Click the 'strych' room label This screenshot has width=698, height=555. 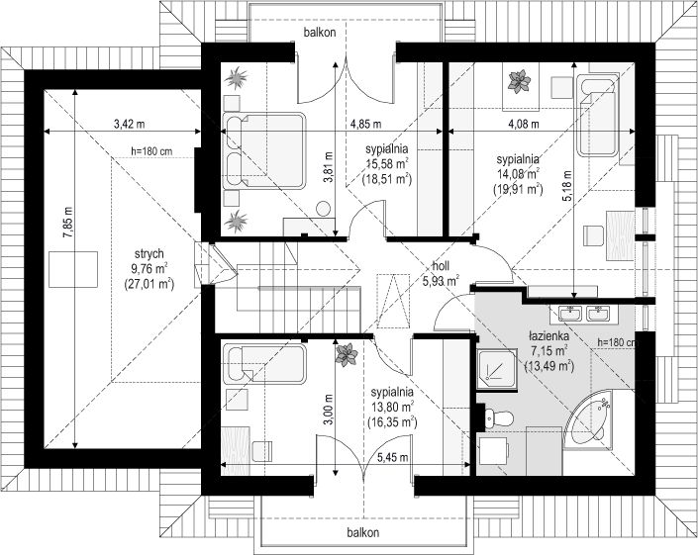pos(150,254)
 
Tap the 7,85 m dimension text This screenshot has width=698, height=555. pos(67,223)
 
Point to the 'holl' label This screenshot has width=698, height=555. pos(441,266)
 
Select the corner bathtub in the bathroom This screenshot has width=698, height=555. pos(590,417)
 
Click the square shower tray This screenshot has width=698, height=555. pos(496,370)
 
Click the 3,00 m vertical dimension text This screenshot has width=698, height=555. pos(328,410)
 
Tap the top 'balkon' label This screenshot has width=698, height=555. pos(320,32)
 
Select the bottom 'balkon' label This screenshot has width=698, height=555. pos(363,532)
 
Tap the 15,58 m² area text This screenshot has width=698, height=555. pos(386,163)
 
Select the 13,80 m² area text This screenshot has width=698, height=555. pos(392,407)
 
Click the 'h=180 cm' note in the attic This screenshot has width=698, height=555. pos(151,151)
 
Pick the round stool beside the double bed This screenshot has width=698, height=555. pos(323,209)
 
